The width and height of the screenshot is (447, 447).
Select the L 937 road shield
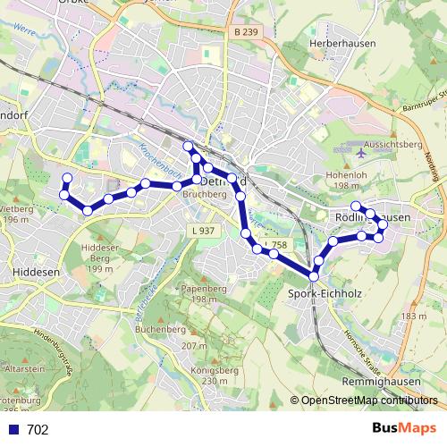[x=203, y=231]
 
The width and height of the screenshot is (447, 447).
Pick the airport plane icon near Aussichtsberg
[x=360, y=152]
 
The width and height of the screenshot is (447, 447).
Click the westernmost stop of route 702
[x=63, y=194]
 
